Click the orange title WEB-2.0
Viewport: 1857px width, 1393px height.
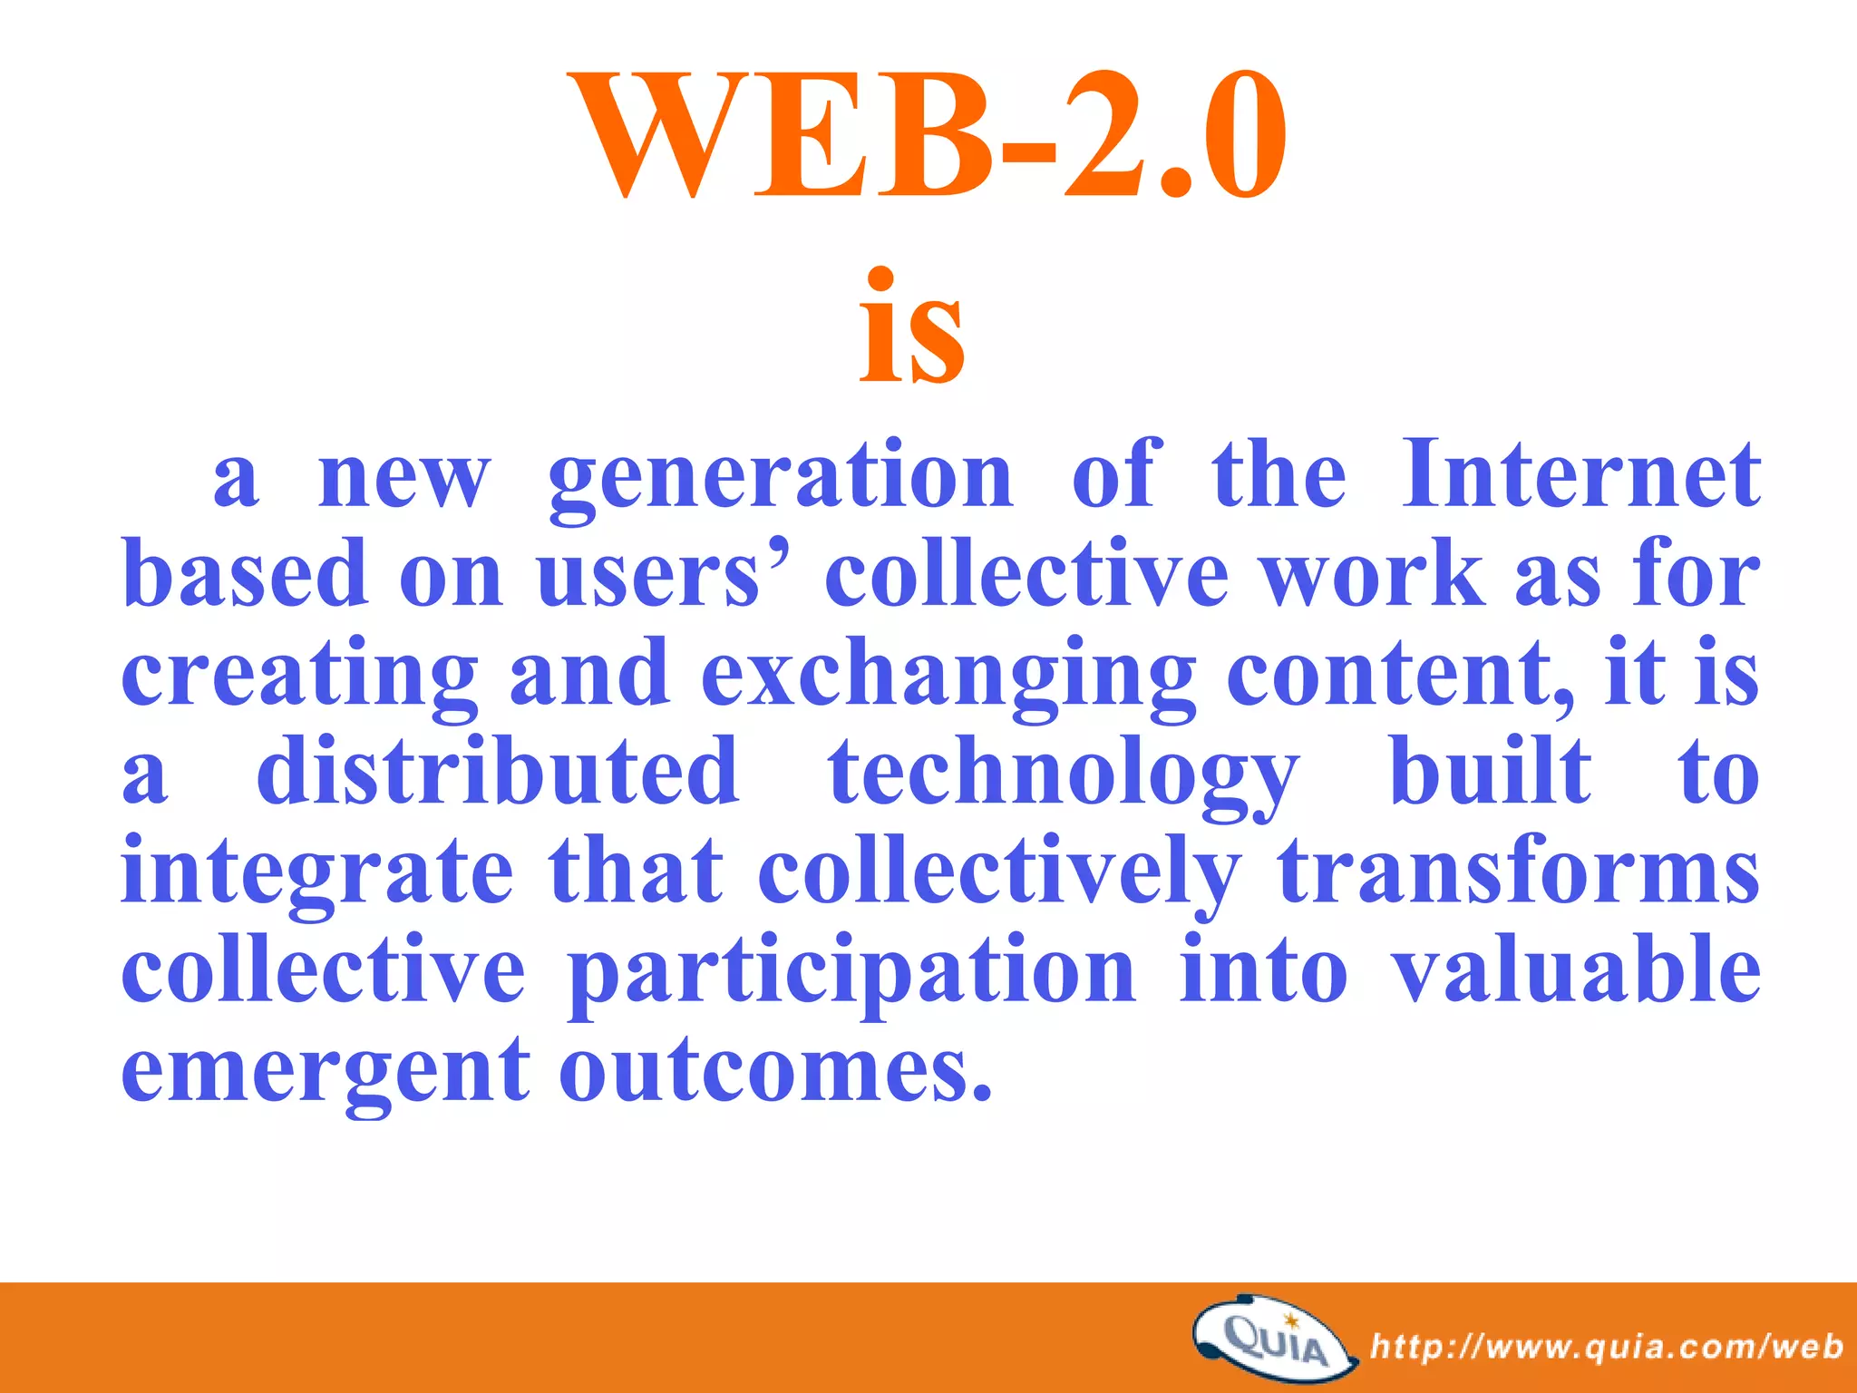click(926, 136)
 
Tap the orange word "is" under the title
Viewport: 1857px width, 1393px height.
click(912, 331)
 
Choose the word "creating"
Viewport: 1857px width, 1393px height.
click(300, 676)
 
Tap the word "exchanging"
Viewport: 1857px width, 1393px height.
click(948, 676)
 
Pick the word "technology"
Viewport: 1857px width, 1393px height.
click(1065, 775)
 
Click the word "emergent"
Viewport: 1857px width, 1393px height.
click(326, 1071)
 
